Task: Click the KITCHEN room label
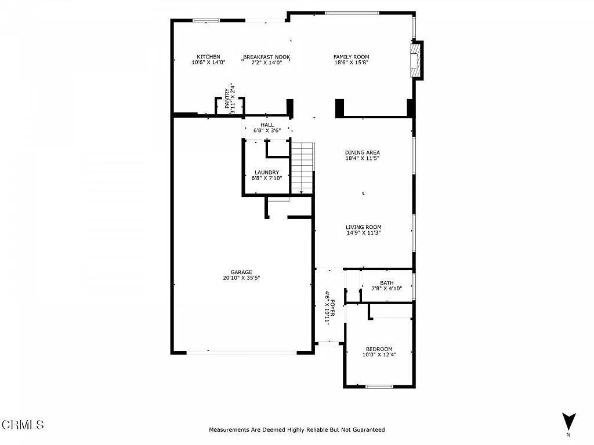click(x=208, y=57)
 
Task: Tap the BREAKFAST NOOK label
click(x=266, y=57)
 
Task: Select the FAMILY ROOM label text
click(x=351, y=57)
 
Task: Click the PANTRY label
click(x=227, y=99)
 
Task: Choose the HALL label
click(x=267, y=125)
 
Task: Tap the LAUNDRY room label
click(x=267, y=173)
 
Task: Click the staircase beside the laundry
click(x=302, y=168)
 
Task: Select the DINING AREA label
click(x=362, y=152)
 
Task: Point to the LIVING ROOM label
click(x=363, y=227)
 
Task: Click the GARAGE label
click(x=241, y=272)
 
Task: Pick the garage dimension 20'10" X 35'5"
click(x=241, y=278)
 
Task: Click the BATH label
click(x=386, y=283)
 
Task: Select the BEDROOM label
click(x=379, y=349)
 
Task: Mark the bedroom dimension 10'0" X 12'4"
click(x=379, y=355)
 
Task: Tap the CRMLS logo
click(x=23, y=425)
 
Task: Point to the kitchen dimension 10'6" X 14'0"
click(x=208, y=63)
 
